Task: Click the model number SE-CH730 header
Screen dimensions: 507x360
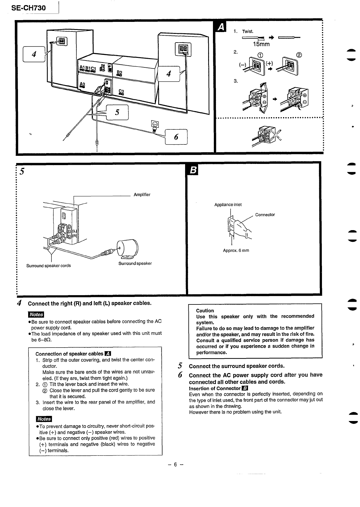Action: point(28,8)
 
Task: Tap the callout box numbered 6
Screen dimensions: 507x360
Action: point(176,137)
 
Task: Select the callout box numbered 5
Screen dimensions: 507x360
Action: point(117,112)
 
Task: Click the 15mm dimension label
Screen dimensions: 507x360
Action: point(261,44)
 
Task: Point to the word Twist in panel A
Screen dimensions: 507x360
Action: point(248,31)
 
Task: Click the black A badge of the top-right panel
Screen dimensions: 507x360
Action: point(221,27)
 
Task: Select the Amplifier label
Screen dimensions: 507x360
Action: point(142,195)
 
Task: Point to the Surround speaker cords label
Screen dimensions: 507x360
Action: point(49,266)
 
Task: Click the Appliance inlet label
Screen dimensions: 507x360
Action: point(228,205)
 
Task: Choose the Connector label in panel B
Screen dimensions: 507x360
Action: point(265,215)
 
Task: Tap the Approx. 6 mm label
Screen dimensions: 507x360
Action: point(236,251)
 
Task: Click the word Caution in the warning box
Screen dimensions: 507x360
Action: point(205,311)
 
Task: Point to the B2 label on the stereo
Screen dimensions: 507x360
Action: point(120,73)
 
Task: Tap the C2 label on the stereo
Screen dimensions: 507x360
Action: point(121,92)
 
